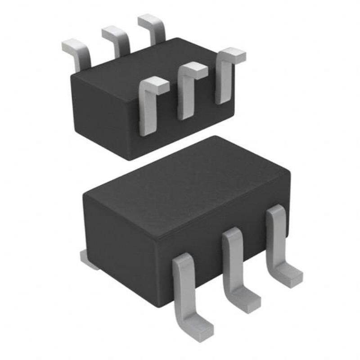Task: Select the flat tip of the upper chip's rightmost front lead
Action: point(233,55)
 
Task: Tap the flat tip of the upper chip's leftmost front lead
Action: point(156,85)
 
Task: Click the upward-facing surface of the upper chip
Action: point(148,61)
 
